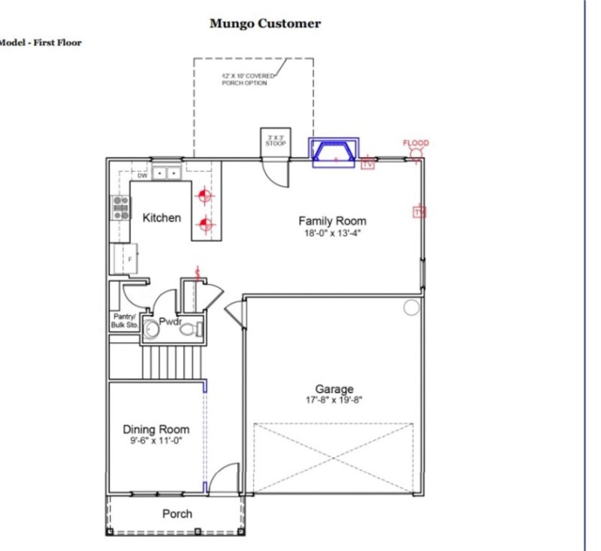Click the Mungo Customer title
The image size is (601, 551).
[x=264, y=23]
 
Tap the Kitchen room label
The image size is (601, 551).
[x=162, y=217]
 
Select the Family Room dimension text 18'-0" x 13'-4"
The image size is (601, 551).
[x=332, y=233]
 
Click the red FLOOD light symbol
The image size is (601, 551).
[x=415, y=154]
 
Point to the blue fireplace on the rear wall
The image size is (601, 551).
[x=335, y=151]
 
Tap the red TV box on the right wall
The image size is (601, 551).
[x=418, y=213]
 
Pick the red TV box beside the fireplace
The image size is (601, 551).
[x=368, y=162]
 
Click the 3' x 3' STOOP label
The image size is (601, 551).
[x=274, y=141]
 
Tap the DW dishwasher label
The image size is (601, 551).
[x=142, y=175]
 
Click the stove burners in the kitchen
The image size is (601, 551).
[x=120, y=207]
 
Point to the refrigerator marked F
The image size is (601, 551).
[x=124, y=258]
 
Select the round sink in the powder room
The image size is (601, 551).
[x=151, y=329]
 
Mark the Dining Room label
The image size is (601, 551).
[x=156, y=429]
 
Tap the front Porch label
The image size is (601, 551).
[x=177, y=514]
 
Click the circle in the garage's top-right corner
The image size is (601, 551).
[x=411, y=307]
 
